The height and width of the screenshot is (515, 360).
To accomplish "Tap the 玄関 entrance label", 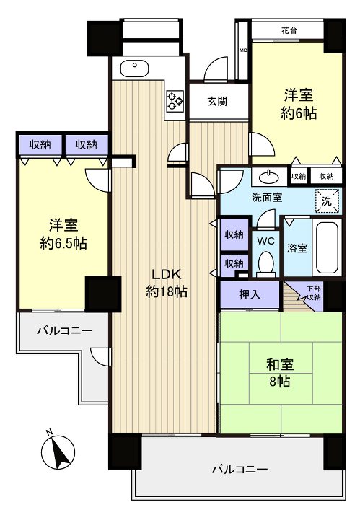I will pyautogui.click(x=218, y=101).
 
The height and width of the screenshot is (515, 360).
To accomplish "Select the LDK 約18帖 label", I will pyautogui.click(x=167, y=282).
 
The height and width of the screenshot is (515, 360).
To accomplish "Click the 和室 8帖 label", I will pyautogui.click(x=279, y=372).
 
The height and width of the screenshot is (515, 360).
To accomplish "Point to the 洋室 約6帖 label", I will pyautogui.click(x=299, y=104).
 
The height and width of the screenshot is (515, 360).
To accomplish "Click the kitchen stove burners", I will pyautogui.click(x=175, y=100).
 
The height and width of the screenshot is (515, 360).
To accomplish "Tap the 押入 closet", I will pyautogui.click(x=250, y=294).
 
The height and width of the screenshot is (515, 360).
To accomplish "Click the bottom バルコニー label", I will pyautogui.click(x=240, y=469).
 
